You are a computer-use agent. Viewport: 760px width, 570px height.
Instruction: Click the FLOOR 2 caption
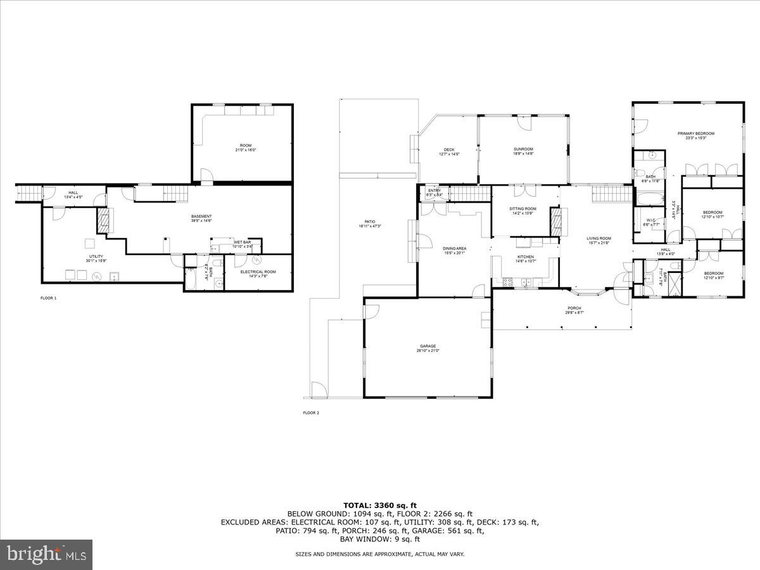(x=311, y=413)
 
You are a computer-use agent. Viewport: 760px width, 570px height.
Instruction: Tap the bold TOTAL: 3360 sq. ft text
(x=380, y=504)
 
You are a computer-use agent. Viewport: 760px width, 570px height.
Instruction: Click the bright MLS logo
(x=46, y=555)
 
